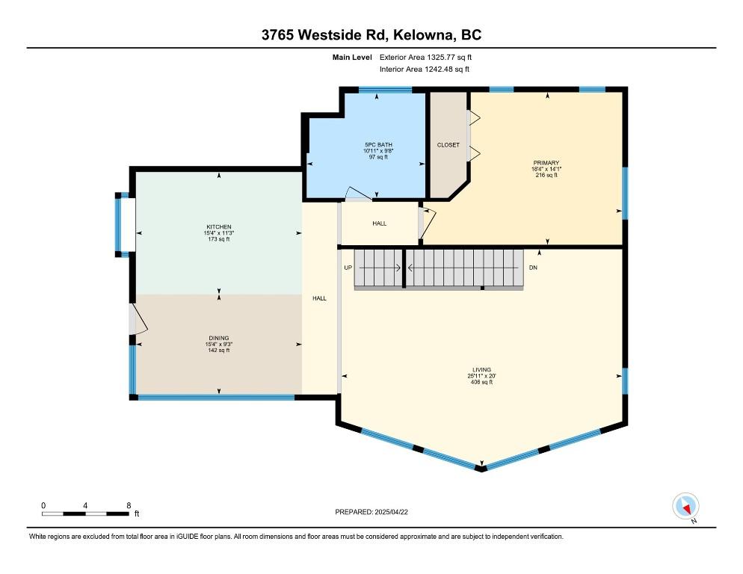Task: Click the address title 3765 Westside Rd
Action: [x=371, y=35]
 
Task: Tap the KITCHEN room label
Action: [x=219, y=226]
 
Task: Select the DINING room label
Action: [x=219, y=337]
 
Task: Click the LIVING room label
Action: [x=481, y=369]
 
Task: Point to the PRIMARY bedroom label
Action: [x=546, y=162]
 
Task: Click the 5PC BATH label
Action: [x=378, y=144]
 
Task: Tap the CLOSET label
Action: [x=448, y=145]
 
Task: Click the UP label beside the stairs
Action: [x=348, y=267]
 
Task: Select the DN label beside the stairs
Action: [x=533, y=267]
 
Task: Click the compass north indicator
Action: [x=685, y=507]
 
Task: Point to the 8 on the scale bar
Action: [x=129, y=505]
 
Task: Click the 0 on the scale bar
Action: [x=43, y=505]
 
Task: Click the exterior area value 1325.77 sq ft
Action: [x=437, y=56]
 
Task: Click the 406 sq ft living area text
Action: [x=481, y=382]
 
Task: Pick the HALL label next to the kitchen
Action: [x=319, y=298]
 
